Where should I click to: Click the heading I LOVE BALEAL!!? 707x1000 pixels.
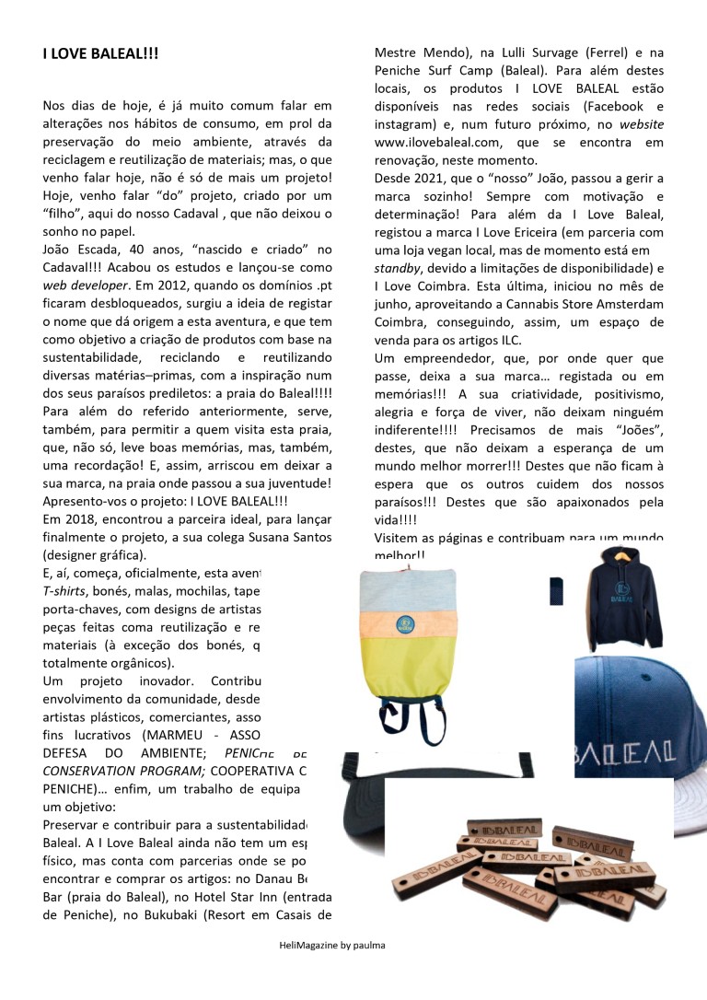tap(100, 54)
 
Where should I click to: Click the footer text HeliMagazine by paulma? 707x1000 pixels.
tap(332, 946)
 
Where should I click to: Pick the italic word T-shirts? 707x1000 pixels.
tap(65, 592)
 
